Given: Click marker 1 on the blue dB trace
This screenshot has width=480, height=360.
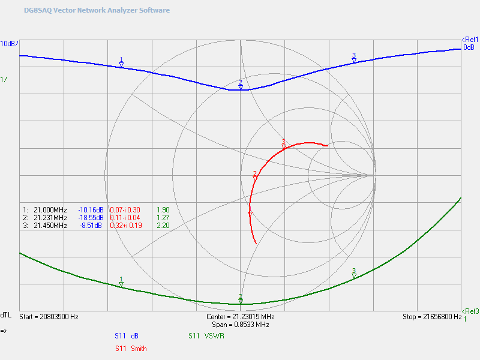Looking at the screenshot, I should coord(121,64).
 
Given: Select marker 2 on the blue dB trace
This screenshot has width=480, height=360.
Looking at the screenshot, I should coord(241,86).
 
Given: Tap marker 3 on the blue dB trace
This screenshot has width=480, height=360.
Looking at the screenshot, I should coord(354,59).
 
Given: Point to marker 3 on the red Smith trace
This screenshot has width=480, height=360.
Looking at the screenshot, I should coord(284,146).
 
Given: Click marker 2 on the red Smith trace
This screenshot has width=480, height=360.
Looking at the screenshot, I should coord(255,178).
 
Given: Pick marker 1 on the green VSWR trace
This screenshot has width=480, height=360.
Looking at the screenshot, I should coord(121,284).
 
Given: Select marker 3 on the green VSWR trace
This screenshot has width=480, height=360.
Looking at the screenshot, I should coord(354,275).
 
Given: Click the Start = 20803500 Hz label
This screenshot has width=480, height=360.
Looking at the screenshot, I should coord(49,316).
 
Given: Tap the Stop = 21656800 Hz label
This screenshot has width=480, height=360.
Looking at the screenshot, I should coord(431,316).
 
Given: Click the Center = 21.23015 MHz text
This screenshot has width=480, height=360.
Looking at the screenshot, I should coord(240,316).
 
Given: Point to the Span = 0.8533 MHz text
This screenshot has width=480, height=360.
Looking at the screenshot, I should coord(240,324).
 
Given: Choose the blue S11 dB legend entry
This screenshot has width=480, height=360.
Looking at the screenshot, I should coord(127,336).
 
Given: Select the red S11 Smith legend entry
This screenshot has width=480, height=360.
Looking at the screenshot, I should coord(130,348).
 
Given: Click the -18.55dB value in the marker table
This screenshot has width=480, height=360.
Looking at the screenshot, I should coord(91,217).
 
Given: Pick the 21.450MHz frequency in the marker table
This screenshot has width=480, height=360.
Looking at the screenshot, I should coord(50,226).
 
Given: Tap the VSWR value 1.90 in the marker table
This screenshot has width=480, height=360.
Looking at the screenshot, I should coord(162,209).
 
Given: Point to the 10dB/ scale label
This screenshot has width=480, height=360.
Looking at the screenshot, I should coord(9,44).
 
